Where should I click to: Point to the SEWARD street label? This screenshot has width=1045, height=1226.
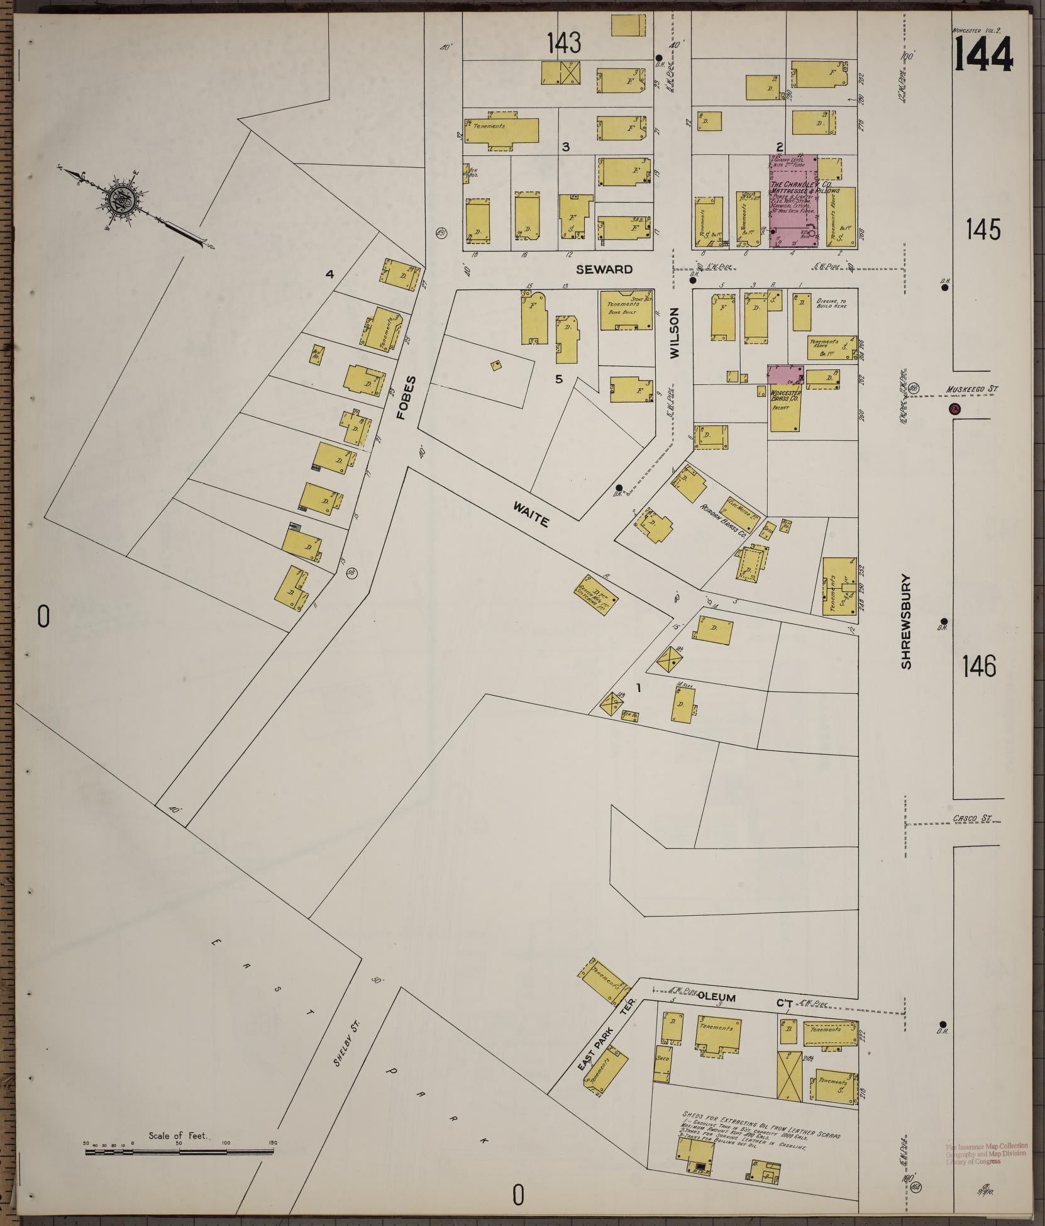coord(604,269)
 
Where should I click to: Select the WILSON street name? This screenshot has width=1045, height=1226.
coord(675,333)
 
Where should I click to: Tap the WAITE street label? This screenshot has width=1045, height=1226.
coord(531,513)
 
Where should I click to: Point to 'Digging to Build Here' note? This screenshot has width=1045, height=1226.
coord(831,303)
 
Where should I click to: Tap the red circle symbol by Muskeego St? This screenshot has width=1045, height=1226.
coord(954,410)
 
